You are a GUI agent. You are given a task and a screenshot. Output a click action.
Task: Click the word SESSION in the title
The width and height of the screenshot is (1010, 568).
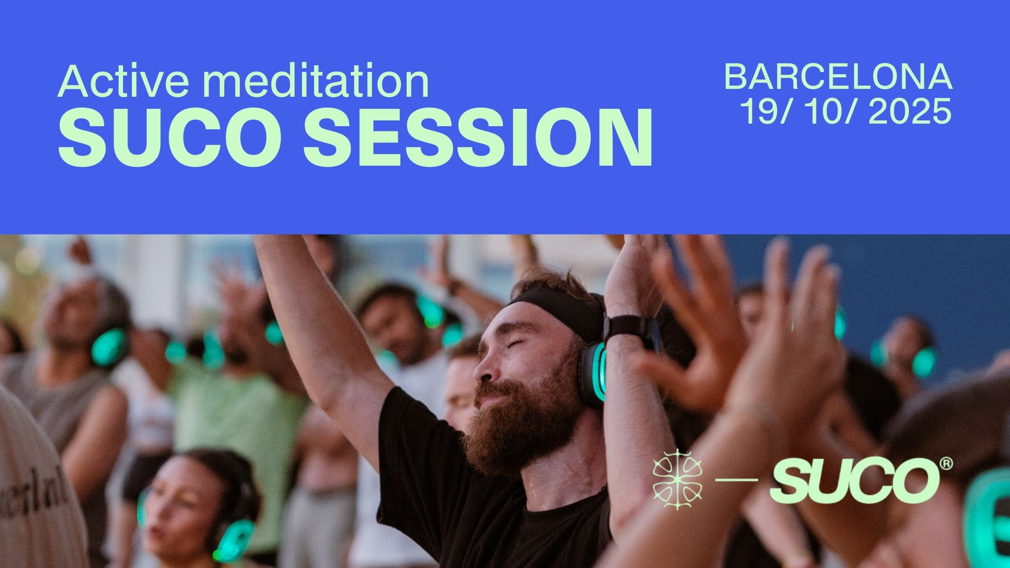pos(478,137)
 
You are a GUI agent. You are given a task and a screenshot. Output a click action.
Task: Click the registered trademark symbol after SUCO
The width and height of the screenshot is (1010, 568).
pos(946,464)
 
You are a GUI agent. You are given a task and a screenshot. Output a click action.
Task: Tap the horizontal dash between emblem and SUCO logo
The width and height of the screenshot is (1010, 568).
pos(736,480)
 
